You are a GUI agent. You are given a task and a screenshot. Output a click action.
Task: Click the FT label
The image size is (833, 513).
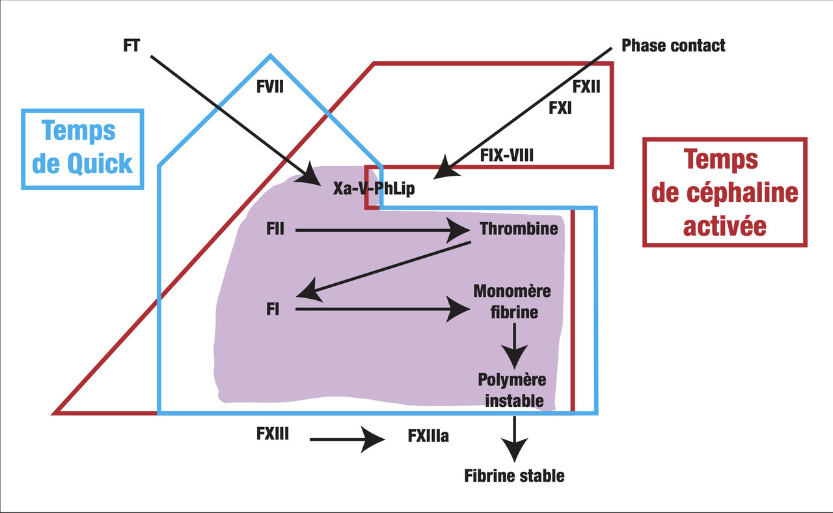pos(131,46)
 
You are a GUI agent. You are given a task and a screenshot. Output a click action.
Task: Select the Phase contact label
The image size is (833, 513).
pos(673,46)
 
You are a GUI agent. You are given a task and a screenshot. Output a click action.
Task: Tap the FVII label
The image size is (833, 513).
pos(270,87)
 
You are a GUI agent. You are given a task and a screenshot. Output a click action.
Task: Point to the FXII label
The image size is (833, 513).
pos(586,87)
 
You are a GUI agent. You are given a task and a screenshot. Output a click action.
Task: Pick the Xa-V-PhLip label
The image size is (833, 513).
pos(374,189)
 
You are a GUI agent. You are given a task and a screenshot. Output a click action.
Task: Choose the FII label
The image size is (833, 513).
pos(275,230)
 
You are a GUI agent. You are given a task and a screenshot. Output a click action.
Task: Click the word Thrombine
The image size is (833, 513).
pos(519,229)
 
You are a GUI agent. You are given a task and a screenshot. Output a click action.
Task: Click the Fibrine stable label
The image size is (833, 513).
pos(514,476)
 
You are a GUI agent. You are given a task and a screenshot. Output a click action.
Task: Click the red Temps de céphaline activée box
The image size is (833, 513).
pos(724,193)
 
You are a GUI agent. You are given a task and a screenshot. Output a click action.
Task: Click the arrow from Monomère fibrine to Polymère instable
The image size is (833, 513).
pos(515,345)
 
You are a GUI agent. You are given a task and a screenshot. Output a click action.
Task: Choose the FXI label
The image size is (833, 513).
pos(560,108)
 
